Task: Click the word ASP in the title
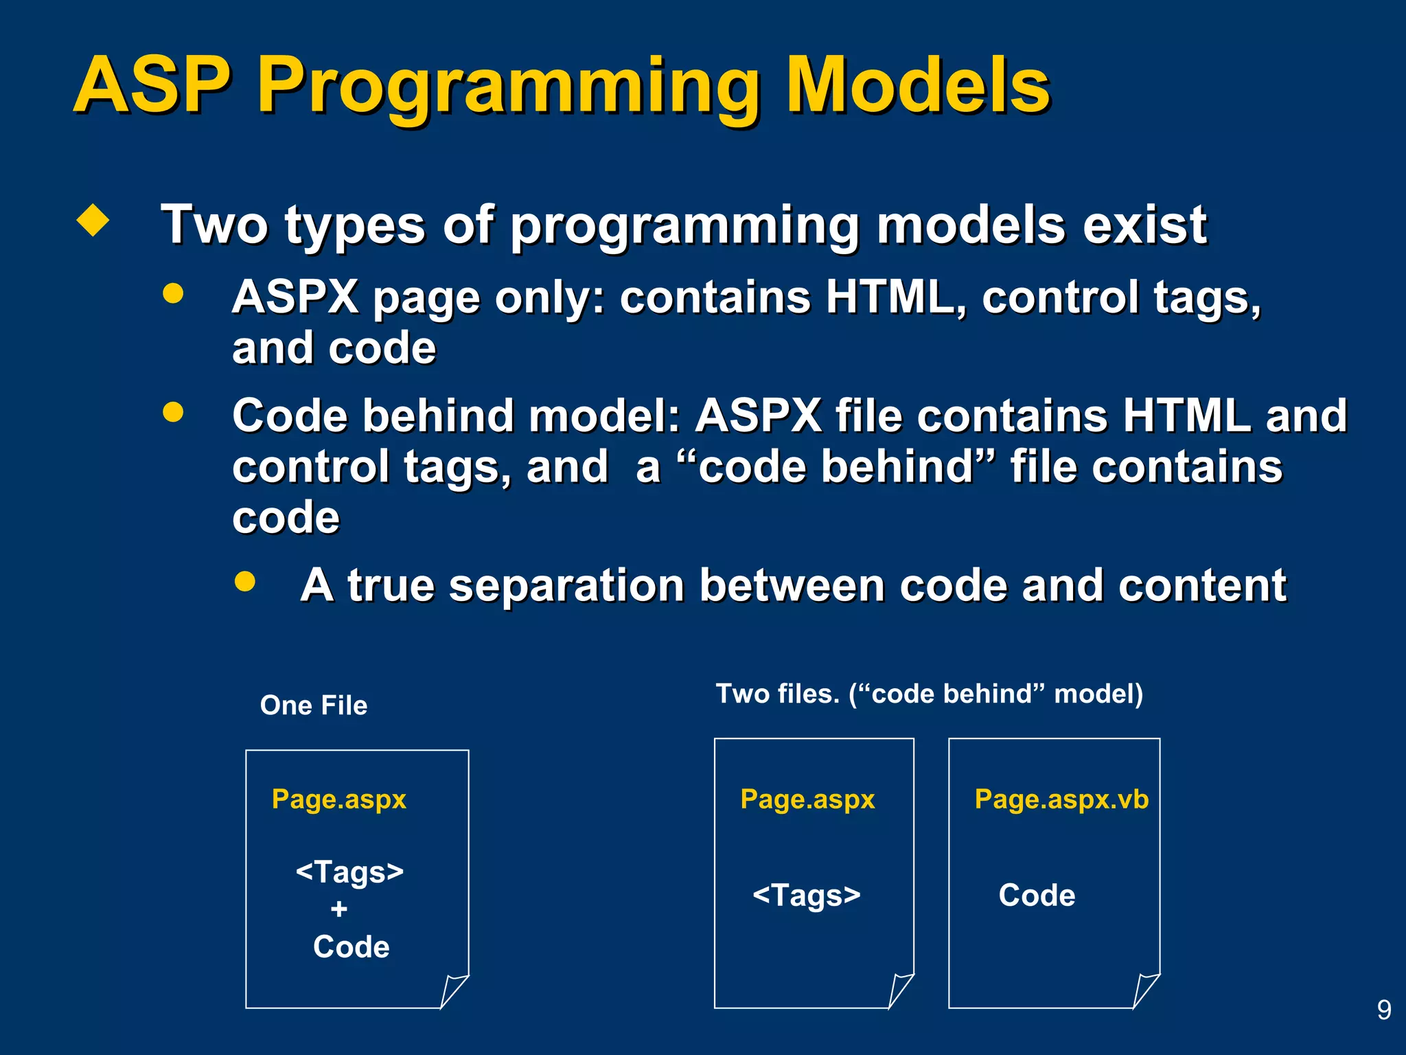pyautogui.click(x=152, y=85)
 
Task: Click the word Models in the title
pyautogui.click(x=917, y=85)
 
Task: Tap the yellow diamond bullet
pyautogui.click(x=93, y=220)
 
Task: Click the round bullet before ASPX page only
pyautogui.click(x=173, y=293)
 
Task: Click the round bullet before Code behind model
pyautogui.click(x=173, y=412)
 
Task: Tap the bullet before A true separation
pyautogui.click(x=244, y=582)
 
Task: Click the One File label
pyautogui.click(x=314, y=705)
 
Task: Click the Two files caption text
pyautogui.click(x=929, y=694)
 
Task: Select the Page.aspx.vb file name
pyautogui.click(x=1061, y=799)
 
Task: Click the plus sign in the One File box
pyautogui.click(x=338, y=909)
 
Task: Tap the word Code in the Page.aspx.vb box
pyautogui.click(x=1037, y=896)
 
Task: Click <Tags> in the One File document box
pyautogui.click(x=349, y=872)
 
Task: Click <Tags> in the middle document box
pyautogui.click(x=807, y=896)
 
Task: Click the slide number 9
pyautogui.click(x=1384, y=1010)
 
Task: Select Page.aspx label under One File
pyautogui.click(x=339, y=799)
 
